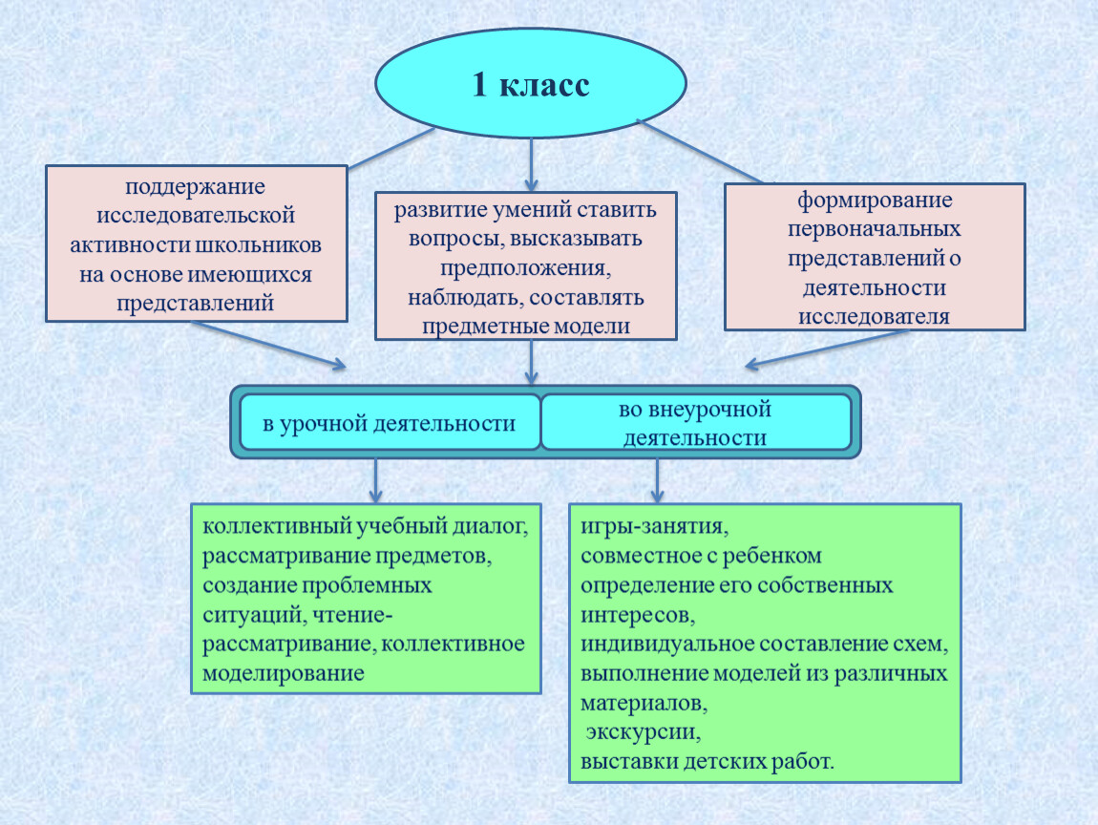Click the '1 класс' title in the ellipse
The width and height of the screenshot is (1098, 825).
coord(531,85)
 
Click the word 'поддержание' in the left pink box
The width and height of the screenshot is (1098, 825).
coord(196,187)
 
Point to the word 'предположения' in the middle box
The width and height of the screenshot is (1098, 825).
coord(524,269)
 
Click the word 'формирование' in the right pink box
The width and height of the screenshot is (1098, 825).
coord(875,201)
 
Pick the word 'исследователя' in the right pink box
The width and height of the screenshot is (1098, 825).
coord(874,317)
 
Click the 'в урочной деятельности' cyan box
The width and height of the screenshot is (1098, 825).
coord(391,422)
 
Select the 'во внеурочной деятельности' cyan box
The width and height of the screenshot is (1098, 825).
coord(696,422)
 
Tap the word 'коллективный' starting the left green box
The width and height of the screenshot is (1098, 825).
coord(277,526)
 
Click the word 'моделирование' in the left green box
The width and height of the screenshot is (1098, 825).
coord(283,674)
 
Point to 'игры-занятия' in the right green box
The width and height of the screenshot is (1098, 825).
coord(653,527)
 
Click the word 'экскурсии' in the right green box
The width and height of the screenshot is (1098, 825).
coord(643,732)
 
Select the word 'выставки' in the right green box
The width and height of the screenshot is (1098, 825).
coord(629,761)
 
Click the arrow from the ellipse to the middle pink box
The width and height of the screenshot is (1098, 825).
coord(531,164)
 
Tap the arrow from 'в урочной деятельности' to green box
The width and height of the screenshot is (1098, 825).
coord(376,481)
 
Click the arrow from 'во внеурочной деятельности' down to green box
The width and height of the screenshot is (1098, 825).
coord(657,481)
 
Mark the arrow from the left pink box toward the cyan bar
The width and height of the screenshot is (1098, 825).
coord(268,345)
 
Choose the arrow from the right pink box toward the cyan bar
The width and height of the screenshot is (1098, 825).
coord(826,349)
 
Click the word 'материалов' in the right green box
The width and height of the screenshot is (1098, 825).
coord(644,703)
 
